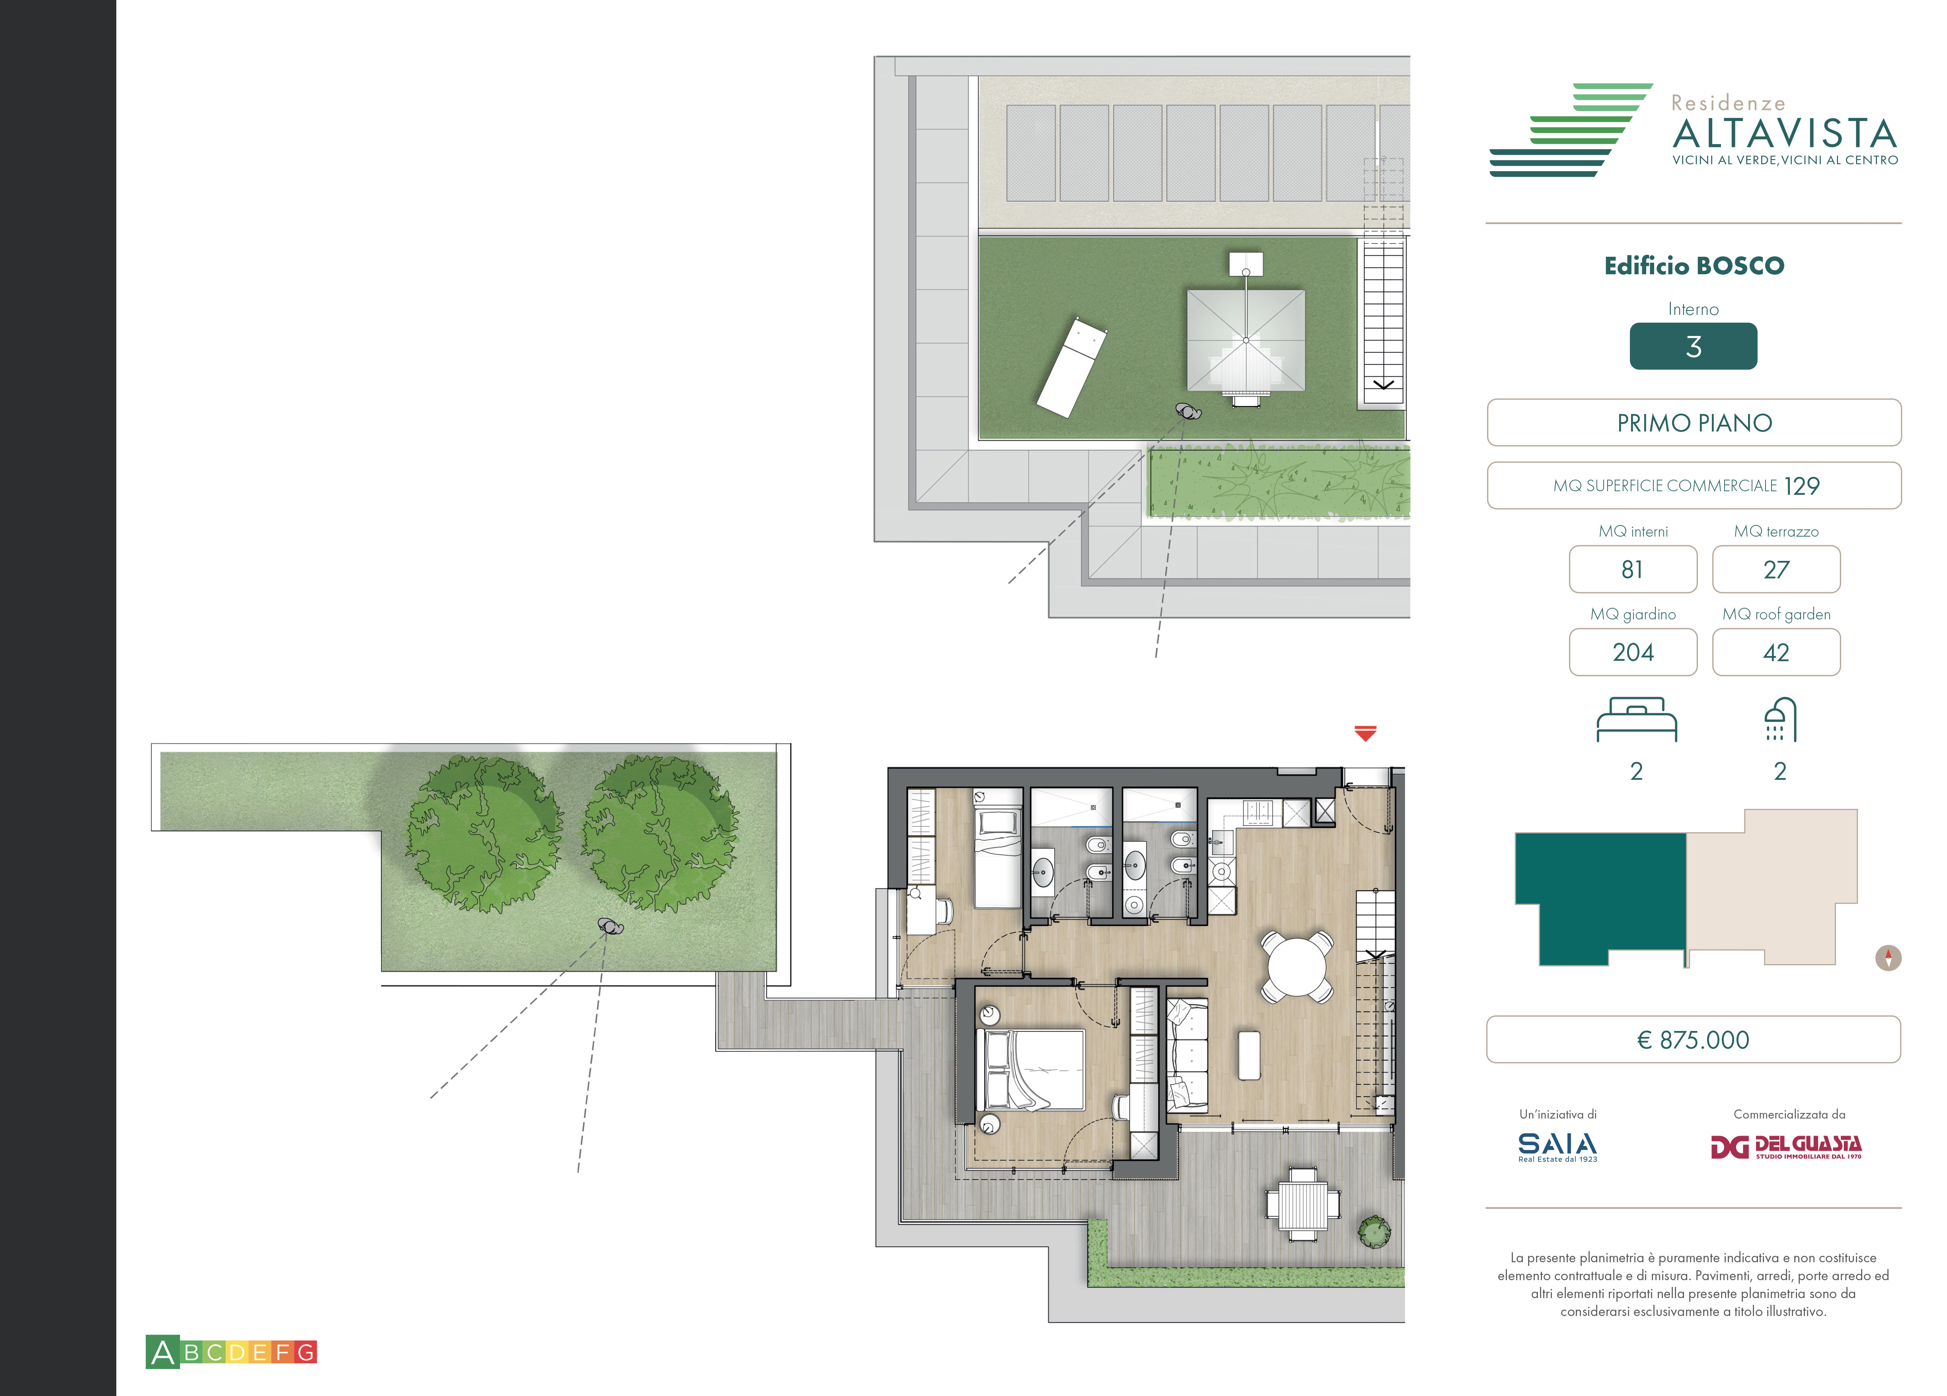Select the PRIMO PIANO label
pyautogui.click(x=1694, y=422)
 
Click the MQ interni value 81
pyautogui.click(x=1633, y=569)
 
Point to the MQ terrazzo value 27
pyautogui.click(x=1776, y=569)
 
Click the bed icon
pyautogui.click(x=1636, y=719)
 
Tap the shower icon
pyautogui.click(x=1779, y=719)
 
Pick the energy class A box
pyautogui.click(x=162, y=1352)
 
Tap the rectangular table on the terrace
pyautogui.click(x=1302, y=1204)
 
